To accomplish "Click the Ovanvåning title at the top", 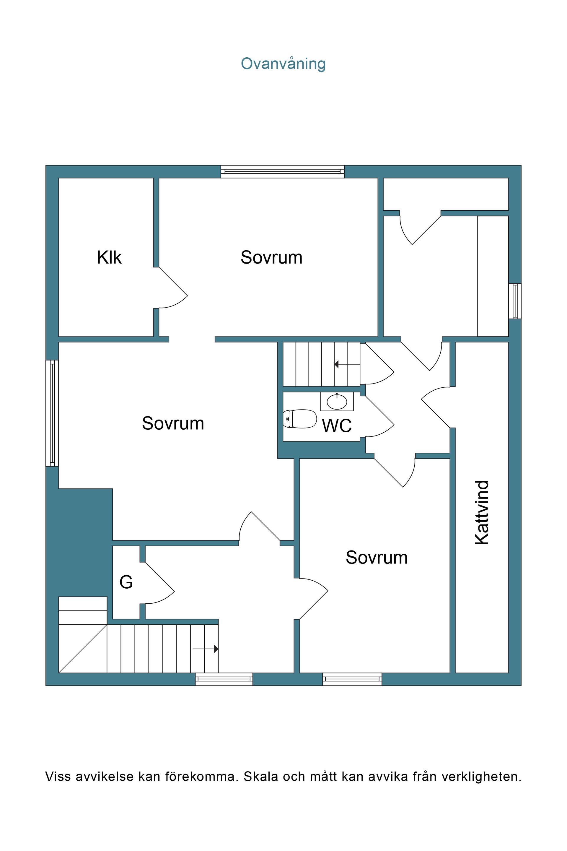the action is pyautogui.click(x=283, y=64).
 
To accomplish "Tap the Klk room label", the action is pyautogui.click(x=109, y=258).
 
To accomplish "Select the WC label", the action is pyautogui.click(x=337, y=425).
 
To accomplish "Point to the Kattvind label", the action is pyautogui.click(x=482, y=512).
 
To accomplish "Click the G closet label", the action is pyautogui.click(x=126, y=582).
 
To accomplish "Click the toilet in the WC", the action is pyautogui.click(x=300, y=419).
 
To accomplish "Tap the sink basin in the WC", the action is pyautogui.click(x=337, y=402).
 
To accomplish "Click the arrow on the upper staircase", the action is pyautogui.click(x=347, y=364).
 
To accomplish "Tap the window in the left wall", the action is pyautogui.click(x=52, y=413).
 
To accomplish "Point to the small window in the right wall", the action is pyautogui.click(x=515, y=301).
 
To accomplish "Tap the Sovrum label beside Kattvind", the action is pyautogui.click(x=377, y=557).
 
